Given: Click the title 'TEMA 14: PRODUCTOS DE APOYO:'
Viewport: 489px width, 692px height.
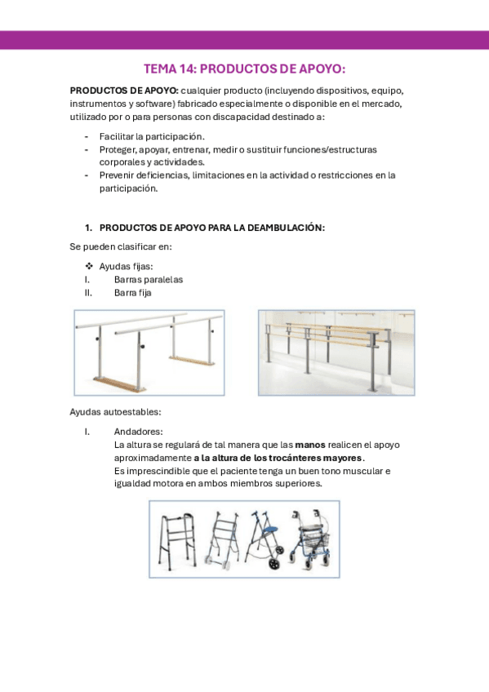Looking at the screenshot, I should [x=244, y=69].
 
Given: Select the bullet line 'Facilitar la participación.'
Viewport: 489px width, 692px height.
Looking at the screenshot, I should [x=152, y=136].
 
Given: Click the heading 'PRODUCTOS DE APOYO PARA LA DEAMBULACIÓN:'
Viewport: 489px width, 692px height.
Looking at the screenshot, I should [x=211, y=228].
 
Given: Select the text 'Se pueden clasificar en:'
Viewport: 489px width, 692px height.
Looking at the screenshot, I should [x=121, y=247].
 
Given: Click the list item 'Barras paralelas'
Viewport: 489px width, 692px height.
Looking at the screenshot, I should [x=148, y=279].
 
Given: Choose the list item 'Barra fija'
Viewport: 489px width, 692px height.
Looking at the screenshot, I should [x=132, y=292].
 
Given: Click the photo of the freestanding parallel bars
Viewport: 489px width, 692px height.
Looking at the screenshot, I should [x=149, y=352].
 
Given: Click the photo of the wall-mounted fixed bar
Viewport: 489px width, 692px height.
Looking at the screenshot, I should [x=336, y=352].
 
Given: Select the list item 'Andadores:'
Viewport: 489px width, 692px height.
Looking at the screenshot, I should [x=138, y=432].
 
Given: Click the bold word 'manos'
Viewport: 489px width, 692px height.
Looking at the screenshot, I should [x=309, y=445].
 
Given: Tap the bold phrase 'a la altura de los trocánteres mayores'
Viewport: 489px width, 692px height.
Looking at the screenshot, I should [x=278, y=458].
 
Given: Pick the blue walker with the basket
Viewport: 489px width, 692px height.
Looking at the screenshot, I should [x=310, y=540].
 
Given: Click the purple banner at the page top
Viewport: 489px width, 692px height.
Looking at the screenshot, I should [x=244, y=40].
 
